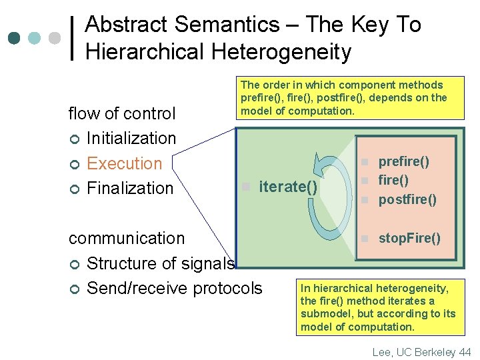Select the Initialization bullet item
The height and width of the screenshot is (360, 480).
click(131, 139)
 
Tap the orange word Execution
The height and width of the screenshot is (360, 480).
click(125, 163)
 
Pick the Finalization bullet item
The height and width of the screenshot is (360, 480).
click(130, 188)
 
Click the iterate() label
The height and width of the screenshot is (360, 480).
click(288, 186)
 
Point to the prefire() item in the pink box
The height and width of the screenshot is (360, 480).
click(403, 162)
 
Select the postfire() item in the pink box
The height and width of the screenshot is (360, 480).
click(407, 199)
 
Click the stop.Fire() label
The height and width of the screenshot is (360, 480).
click(409, 238)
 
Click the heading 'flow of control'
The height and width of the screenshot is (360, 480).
click(122, 114)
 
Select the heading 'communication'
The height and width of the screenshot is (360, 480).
click(127, 238)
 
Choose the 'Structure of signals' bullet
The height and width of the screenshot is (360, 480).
click(160, 263)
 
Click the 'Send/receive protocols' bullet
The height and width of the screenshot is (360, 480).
click(175, 288)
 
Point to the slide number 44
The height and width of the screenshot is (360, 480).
click(465, 351)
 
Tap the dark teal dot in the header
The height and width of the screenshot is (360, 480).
click(14, 38)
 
